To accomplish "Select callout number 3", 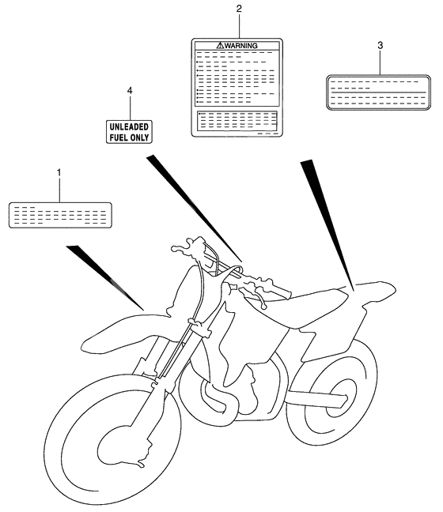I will tap(380, 46).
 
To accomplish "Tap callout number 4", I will tap(130, 91).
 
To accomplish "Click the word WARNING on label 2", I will tap(241, 47).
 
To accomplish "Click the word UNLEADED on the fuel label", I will tap(130, 126).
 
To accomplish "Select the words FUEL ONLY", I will tap(130, 136).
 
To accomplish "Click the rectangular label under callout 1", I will tap(59, 214).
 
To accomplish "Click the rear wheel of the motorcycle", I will tap(332, 395).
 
